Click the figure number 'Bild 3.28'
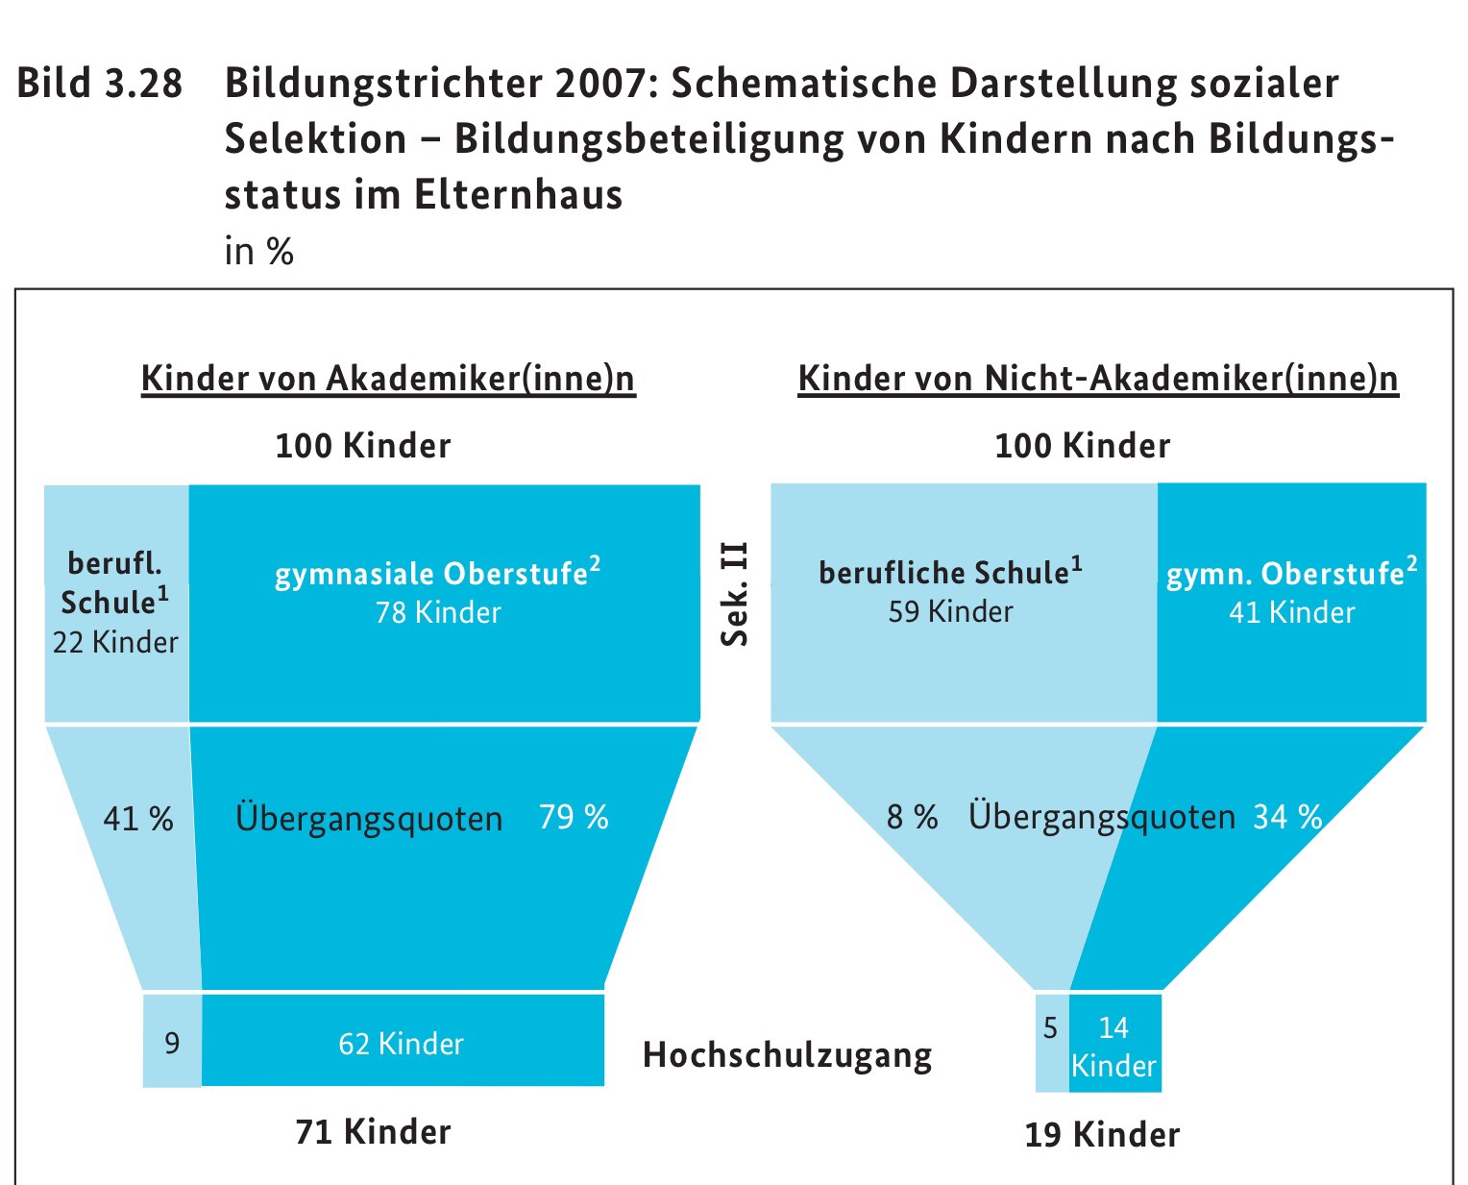point(99,84)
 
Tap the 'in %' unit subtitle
point(258,252)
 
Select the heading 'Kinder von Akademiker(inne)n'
point(388,379)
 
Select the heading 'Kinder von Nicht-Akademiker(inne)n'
point(1098,379)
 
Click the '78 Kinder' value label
point(438,612)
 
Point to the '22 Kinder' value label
point(115,642)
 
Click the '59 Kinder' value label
point(950,612)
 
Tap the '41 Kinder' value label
point(1292,612)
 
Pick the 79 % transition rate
point(574,817)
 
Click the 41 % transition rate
point(138,819)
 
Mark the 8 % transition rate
point(912,817)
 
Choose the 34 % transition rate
point(1287,817)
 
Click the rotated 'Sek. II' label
point(735,595)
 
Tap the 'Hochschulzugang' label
point(787,1055)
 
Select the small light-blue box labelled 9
point(172,1042)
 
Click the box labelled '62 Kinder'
point(402,1043)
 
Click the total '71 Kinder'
point(373,1132)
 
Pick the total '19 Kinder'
point(1102,1135)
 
